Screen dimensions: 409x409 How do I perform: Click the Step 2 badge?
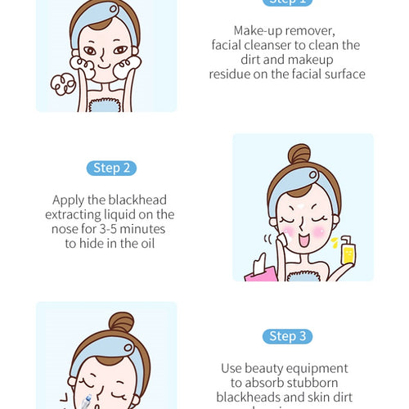pos(110,169)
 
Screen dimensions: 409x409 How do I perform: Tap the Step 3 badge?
pos(287,336)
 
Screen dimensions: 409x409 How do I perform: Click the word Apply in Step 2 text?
pos(69,200)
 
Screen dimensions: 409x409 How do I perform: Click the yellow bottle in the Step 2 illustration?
pos(347,253)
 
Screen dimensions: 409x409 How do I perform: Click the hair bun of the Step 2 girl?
pos(299,155)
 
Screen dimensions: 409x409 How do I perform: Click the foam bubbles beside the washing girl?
pos(62,84)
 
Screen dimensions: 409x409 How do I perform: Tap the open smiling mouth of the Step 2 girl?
pos(308,243)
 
